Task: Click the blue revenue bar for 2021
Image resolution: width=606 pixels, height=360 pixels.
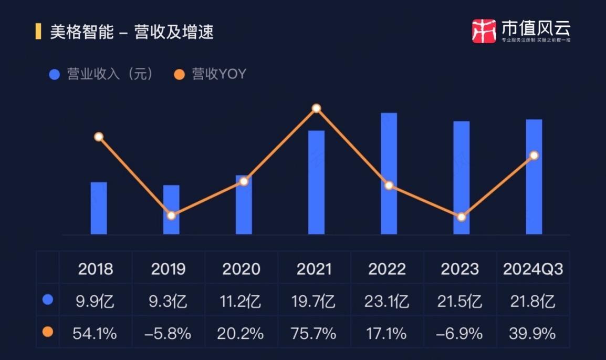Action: [316, 182]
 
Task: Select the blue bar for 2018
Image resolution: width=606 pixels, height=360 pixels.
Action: [99, 208]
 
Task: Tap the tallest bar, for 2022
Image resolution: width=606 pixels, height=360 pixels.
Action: [389, 173]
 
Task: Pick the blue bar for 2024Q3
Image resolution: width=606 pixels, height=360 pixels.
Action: [534, 177]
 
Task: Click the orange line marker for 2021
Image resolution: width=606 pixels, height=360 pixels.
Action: [316, 108]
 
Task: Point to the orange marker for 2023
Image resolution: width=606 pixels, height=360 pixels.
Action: [461, 217]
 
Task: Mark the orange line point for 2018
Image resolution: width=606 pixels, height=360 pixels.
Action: [99, 137]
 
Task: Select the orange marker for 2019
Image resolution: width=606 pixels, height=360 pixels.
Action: [171, 215]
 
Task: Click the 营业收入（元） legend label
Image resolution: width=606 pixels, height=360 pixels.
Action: [110, 74]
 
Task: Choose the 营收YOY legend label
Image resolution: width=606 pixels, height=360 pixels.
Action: [219, 74]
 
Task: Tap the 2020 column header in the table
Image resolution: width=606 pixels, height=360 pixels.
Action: [241, 269]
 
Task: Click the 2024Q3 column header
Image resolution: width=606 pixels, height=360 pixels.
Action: [533, 269]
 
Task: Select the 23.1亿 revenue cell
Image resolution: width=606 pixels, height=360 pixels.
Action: [387, 301]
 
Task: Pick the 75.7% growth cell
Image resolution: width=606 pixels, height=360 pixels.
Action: [314, 333]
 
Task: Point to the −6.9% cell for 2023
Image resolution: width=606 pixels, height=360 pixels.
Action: [460, 333]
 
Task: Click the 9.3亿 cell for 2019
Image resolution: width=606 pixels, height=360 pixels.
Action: [169, 301]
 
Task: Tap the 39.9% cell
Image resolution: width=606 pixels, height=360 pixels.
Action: [532, 333]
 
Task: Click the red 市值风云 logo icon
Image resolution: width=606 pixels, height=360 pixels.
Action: [484, 30]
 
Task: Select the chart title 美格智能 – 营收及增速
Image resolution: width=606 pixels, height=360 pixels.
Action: [131, 32]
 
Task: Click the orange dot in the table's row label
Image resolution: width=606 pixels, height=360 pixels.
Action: [48, 332]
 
